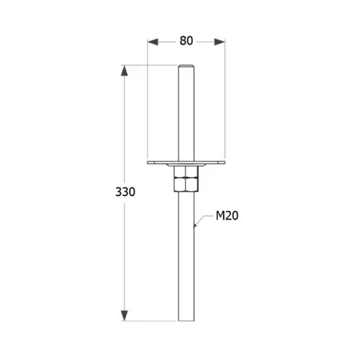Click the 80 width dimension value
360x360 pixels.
(x=186, y=41)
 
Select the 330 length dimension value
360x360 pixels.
(x=125, y=192)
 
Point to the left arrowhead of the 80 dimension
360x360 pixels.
(x=152, y=41)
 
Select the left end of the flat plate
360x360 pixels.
(x=149, y=163)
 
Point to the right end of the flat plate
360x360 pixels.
(x=224, y=163)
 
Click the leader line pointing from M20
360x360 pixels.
(x=205, y=220)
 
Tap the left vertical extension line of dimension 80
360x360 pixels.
(x=148, y=101)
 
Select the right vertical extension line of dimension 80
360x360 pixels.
(x=225, y=101)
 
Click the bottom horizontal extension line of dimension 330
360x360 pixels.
(x=151, y=321)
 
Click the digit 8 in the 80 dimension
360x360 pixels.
(x=182, y=41)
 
